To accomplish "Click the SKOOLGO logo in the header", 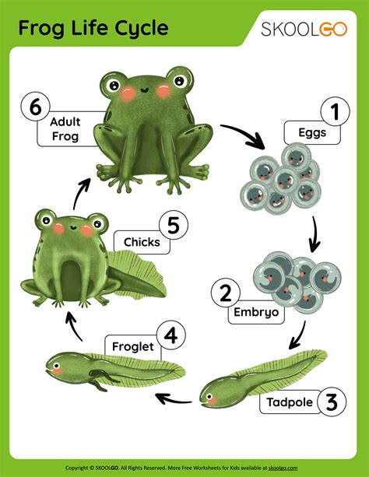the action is point(304,30).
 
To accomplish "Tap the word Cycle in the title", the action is point(141,28).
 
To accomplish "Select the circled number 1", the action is point(336,111).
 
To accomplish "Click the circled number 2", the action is point(226,293).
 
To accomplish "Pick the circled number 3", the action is point(332,402).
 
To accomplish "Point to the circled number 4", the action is point(170,336).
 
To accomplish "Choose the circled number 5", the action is point(174,225).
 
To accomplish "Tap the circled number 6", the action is point(36,107).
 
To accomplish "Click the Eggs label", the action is point(312,133).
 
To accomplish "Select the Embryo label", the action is point(256,312).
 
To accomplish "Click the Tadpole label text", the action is point(290,402).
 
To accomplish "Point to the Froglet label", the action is point(133,347).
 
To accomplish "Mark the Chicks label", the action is point(142,242).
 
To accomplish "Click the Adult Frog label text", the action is point(65,129).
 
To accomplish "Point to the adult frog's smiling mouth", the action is point(144,90).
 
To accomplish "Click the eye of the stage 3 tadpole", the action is point(209,396).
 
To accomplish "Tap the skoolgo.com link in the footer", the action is point(283,468).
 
